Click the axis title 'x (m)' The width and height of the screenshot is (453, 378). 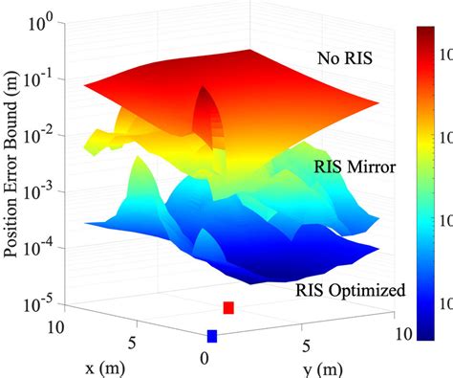(113, 365)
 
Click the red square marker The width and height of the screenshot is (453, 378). (228, 307)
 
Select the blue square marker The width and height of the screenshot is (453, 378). (212, 336)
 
